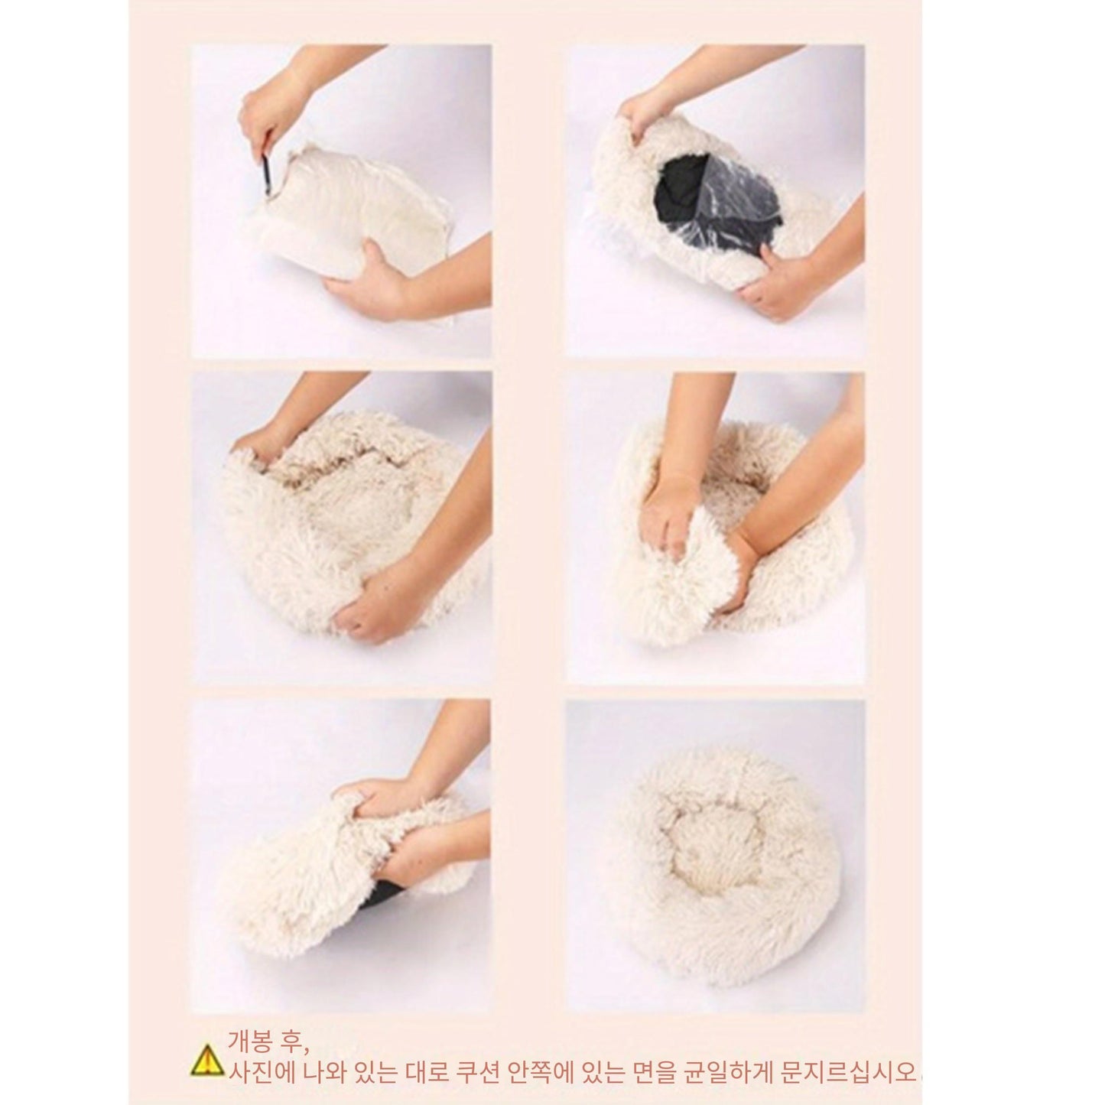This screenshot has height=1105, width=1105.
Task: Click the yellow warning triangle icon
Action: (x=206, y=1061)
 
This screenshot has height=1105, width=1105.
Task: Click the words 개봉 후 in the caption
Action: (x=267, y=1040)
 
